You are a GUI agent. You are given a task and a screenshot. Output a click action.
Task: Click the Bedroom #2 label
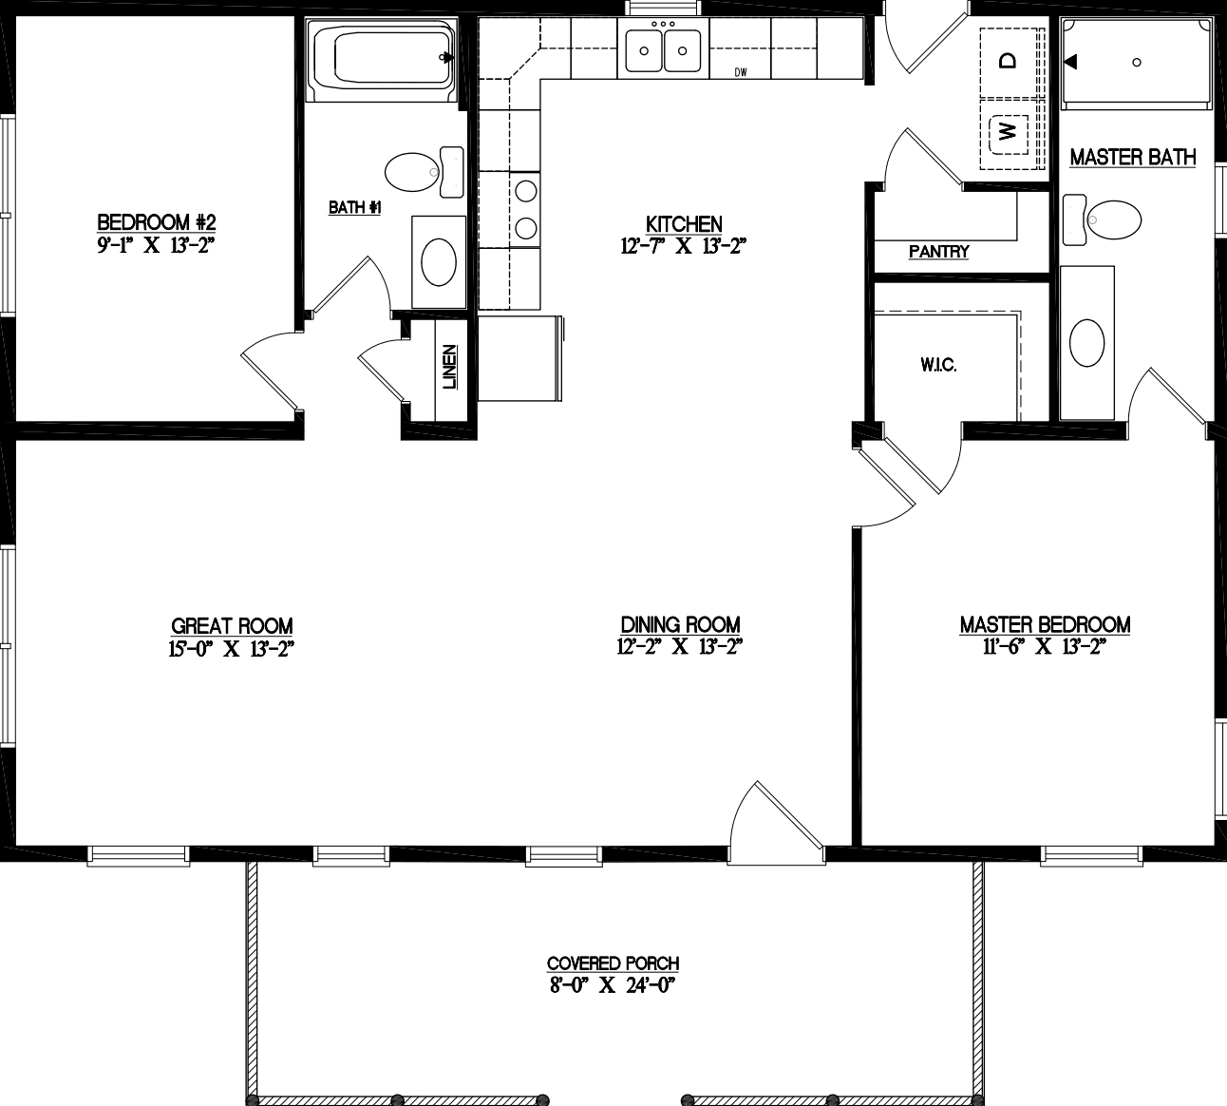157,222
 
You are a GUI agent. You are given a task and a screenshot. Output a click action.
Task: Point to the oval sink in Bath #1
438,261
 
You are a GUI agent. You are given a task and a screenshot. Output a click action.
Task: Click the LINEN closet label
449,367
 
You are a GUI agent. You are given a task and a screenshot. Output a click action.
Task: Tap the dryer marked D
1009,60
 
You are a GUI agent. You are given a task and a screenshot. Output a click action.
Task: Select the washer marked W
1009,130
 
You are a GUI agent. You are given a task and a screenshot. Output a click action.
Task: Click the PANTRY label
938,252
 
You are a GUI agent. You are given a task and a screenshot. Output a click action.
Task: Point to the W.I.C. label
937,365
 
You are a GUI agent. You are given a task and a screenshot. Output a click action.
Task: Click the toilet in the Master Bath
1107,219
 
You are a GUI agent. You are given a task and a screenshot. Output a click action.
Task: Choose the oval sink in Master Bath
1087,342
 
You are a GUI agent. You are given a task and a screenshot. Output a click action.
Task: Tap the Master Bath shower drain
1137,63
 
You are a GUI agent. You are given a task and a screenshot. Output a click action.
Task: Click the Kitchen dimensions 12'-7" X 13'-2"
684,247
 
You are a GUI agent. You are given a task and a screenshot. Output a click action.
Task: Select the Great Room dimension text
232,649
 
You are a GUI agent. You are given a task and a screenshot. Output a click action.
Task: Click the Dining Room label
680,624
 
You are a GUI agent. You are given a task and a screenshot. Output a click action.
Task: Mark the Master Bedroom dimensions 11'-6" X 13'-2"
1045,647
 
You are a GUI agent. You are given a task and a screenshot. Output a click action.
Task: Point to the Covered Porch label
613,963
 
